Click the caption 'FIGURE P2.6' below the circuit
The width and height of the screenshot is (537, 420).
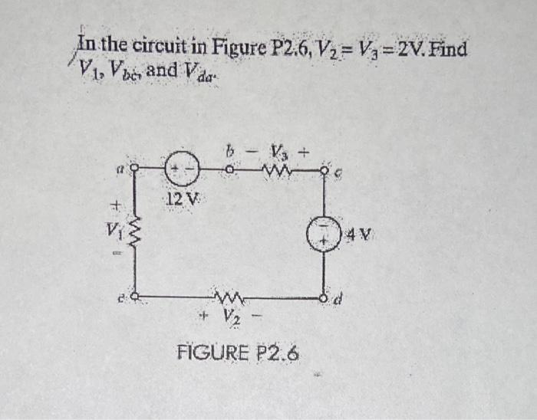pos(238,354)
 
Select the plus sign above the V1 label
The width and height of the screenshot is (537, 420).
pos(117,205)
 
